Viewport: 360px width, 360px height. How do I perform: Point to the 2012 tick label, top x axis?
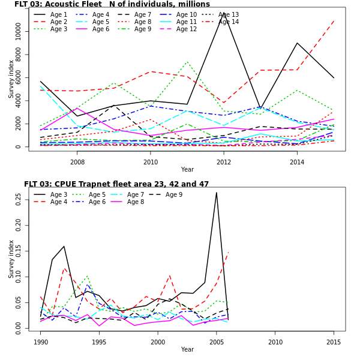click(223, 162)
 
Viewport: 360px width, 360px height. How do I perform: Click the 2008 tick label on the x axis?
click(77, 162)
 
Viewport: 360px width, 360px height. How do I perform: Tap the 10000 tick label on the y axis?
click(18, 32)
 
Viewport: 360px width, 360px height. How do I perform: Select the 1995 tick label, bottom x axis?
click(99, 342)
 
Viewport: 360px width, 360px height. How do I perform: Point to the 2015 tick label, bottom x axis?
click(333, 342)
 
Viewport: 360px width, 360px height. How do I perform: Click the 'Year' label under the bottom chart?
click(187, 349)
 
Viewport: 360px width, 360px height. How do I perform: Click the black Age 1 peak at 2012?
click(224, 13)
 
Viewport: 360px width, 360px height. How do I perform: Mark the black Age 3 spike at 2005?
click(217, 192)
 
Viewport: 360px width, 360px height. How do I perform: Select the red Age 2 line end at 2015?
click(334, 20)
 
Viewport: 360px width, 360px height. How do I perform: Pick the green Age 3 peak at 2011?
click(187, 61)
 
